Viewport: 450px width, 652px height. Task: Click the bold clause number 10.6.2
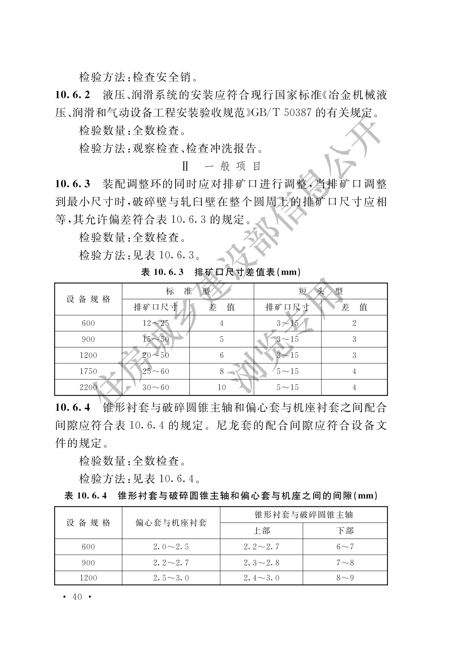73,95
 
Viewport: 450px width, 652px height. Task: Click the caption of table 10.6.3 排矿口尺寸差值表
221,272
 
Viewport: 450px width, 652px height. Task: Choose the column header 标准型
188,291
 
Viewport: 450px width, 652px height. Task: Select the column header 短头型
321,291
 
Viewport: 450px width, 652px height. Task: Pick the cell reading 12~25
156,323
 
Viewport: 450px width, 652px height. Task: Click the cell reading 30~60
156,387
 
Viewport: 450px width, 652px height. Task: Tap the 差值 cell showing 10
222,387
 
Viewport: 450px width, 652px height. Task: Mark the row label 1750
88,371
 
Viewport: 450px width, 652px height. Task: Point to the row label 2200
88,387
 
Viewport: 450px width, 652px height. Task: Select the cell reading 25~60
156,371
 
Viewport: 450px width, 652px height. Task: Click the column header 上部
261,531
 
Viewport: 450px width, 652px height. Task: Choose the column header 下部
345,531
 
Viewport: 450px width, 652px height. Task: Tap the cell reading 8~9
345,578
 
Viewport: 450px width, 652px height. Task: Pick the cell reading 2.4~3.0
261,578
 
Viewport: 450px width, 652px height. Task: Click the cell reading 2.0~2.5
171,547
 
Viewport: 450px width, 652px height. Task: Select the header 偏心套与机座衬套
171,523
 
